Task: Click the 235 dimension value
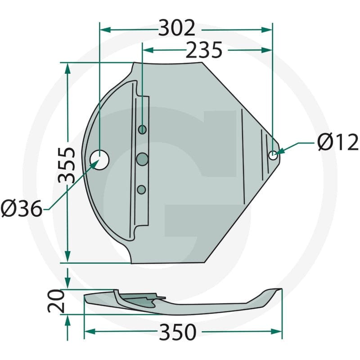tap(204, 50)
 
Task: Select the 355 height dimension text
tap(67, 164)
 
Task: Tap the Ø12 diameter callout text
tap(337, 143)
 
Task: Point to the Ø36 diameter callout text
tap(21, 209)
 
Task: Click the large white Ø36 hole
tap(99, 158)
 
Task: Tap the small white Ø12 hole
tap(273, 155)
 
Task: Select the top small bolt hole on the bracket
tap(142, 130)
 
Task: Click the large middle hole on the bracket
tap(143, 158)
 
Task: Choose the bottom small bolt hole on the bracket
tap(142, 189)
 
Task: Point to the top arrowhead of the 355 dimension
tap(67, 67)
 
